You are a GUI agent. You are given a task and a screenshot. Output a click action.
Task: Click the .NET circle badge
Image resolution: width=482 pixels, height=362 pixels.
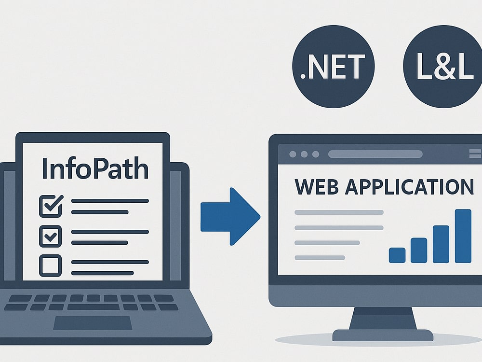[x=333, y=67]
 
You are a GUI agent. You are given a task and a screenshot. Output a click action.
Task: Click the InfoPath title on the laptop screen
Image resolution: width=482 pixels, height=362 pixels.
[x=95, y=168]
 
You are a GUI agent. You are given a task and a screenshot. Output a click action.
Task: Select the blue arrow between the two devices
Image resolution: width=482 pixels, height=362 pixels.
[x=230, y=216]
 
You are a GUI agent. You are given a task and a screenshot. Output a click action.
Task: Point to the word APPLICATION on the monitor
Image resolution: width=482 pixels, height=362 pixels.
[x=409, y=186]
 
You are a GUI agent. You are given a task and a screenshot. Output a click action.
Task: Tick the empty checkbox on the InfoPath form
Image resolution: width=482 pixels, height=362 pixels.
[x=51, y=265]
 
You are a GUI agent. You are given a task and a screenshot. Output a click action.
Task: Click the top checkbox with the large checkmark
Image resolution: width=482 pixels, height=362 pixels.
[x=51, y=206]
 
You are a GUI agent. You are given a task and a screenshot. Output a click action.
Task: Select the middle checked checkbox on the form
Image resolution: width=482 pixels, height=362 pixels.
[x=51, y=237]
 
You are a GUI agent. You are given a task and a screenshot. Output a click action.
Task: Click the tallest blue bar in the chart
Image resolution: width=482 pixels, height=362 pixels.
[x=463, y=236]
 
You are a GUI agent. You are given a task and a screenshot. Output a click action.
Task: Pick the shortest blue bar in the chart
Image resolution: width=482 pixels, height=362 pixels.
[x=397, y=255]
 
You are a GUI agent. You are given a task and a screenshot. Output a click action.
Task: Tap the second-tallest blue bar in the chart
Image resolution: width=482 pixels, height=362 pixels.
[x=441, y=244]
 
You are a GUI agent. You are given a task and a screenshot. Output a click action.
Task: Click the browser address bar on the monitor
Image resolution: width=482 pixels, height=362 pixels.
[x=375, y=154]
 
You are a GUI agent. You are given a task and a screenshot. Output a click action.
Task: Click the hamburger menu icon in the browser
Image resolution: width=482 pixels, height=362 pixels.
[x=475, y=153]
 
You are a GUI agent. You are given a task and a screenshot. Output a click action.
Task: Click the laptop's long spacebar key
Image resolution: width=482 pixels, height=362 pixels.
[x=94, y=307]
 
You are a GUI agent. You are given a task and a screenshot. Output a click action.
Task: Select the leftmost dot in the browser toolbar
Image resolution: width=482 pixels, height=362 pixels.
[x=293, y=154]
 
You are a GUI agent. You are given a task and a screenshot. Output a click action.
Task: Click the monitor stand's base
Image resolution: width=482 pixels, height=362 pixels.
[x=383, y=335]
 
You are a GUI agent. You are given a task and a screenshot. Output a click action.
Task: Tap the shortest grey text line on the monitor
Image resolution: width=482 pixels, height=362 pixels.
[x=320, y=258]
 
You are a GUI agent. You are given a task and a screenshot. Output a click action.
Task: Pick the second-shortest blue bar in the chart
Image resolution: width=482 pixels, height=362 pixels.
[x=419, y=250]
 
